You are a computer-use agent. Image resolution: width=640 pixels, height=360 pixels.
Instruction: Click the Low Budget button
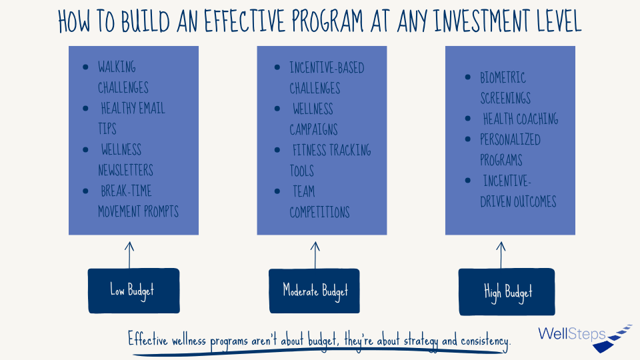click(x=134, y=291)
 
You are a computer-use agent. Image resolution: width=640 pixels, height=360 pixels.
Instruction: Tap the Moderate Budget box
click(x=314, y=291)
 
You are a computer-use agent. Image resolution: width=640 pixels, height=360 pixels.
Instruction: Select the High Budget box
click(x=507, y=292)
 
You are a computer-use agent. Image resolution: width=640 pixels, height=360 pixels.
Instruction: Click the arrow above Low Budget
click(x=129, y=255)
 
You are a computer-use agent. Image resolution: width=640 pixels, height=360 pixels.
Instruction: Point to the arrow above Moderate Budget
click(x=315, y=255)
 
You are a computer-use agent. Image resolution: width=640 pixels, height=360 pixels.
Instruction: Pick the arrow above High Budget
click(x=501, y=255)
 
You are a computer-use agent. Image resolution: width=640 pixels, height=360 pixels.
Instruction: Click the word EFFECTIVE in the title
click(x=244, y=21)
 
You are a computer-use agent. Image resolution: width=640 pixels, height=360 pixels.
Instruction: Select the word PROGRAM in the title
click(x=327, y=21)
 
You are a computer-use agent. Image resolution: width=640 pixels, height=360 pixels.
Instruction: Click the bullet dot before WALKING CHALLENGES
click(x=85, y=67)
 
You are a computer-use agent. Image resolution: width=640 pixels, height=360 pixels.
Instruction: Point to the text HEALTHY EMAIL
click(x=133, y=108)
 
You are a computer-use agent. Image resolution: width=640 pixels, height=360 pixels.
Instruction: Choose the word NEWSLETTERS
click(x=126, y=170)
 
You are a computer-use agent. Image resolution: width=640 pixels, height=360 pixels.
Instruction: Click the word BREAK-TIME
click(x=126, y=191)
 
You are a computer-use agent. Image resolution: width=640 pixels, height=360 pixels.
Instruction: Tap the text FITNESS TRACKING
click(x=332, y=150)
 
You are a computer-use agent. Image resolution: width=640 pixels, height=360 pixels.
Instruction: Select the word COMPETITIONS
click(x=319, y=212)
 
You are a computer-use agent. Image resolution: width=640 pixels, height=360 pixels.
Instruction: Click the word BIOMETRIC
click(x=503, y=77)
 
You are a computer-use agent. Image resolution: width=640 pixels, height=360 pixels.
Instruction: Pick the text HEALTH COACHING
click(x=521, y=119)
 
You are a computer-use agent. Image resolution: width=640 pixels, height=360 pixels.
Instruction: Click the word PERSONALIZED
click(x=510, y=139)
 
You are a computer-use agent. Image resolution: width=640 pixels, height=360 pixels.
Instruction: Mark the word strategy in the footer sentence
click(x=421, y=341)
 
